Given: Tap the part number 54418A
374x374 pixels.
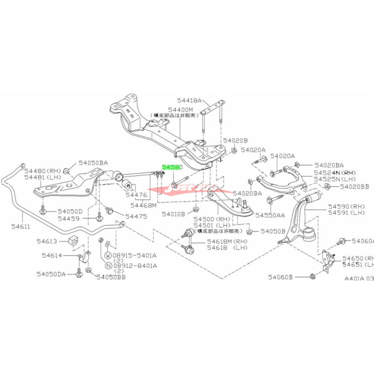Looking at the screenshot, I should pos(189,101).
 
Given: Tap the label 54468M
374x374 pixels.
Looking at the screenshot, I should pos(144,205).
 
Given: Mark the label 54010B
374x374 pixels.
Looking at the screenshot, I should pos(174,214).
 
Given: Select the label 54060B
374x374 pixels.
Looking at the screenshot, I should pos(280,277).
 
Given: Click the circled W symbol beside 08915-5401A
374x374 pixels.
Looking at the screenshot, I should pos(108,256).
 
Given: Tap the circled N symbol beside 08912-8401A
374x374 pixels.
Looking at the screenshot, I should pos(108,266).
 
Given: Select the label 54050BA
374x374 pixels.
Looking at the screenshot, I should pos(93,163).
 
